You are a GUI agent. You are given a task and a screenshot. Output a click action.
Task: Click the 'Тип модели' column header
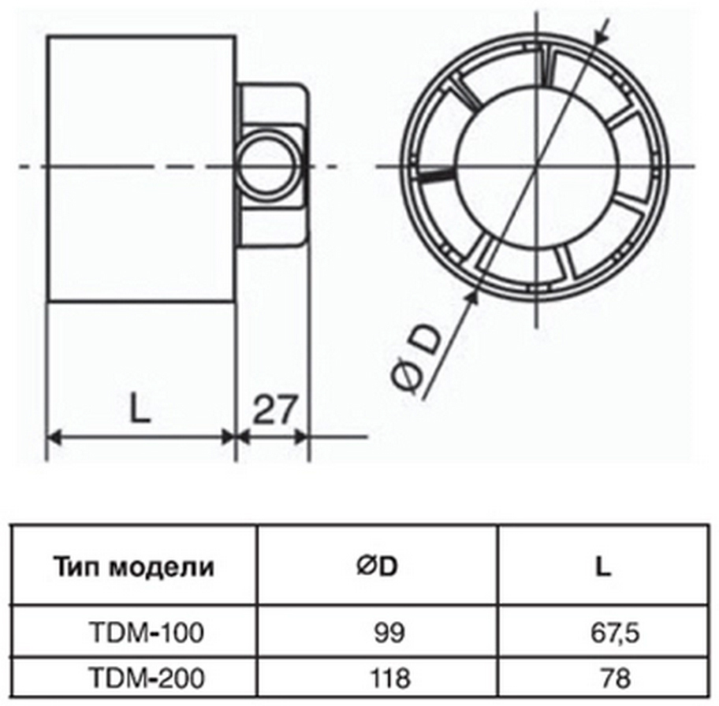coord(134,566)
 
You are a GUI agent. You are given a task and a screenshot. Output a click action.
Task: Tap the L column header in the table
coord(603,566)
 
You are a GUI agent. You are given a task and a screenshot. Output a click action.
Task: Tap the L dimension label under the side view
coord(140,410)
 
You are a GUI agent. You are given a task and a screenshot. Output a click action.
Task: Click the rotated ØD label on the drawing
coord(416,359)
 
